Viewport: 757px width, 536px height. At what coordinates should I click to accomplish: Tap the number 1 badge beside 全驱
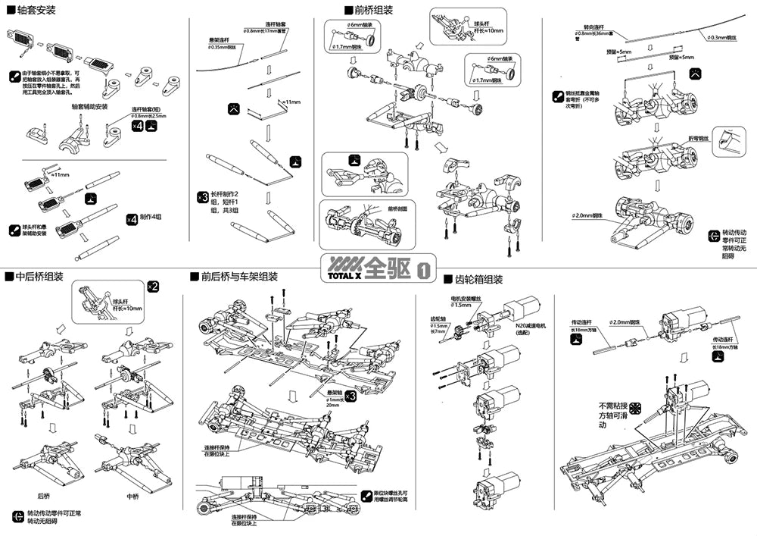(x=424, y=268)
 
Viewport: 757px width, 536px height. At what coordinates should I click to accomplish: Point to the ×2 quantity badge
(x=152, y=286)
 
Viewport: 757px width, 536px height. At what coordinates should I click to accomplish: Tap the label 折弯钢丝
(x=697, y=138)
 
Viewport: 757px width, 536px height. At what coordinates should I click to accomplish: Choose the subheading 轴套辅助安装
(x=89, y=106)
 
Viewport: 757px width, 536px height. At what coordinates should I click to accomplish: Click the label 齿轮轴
(x=438, y=319)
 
